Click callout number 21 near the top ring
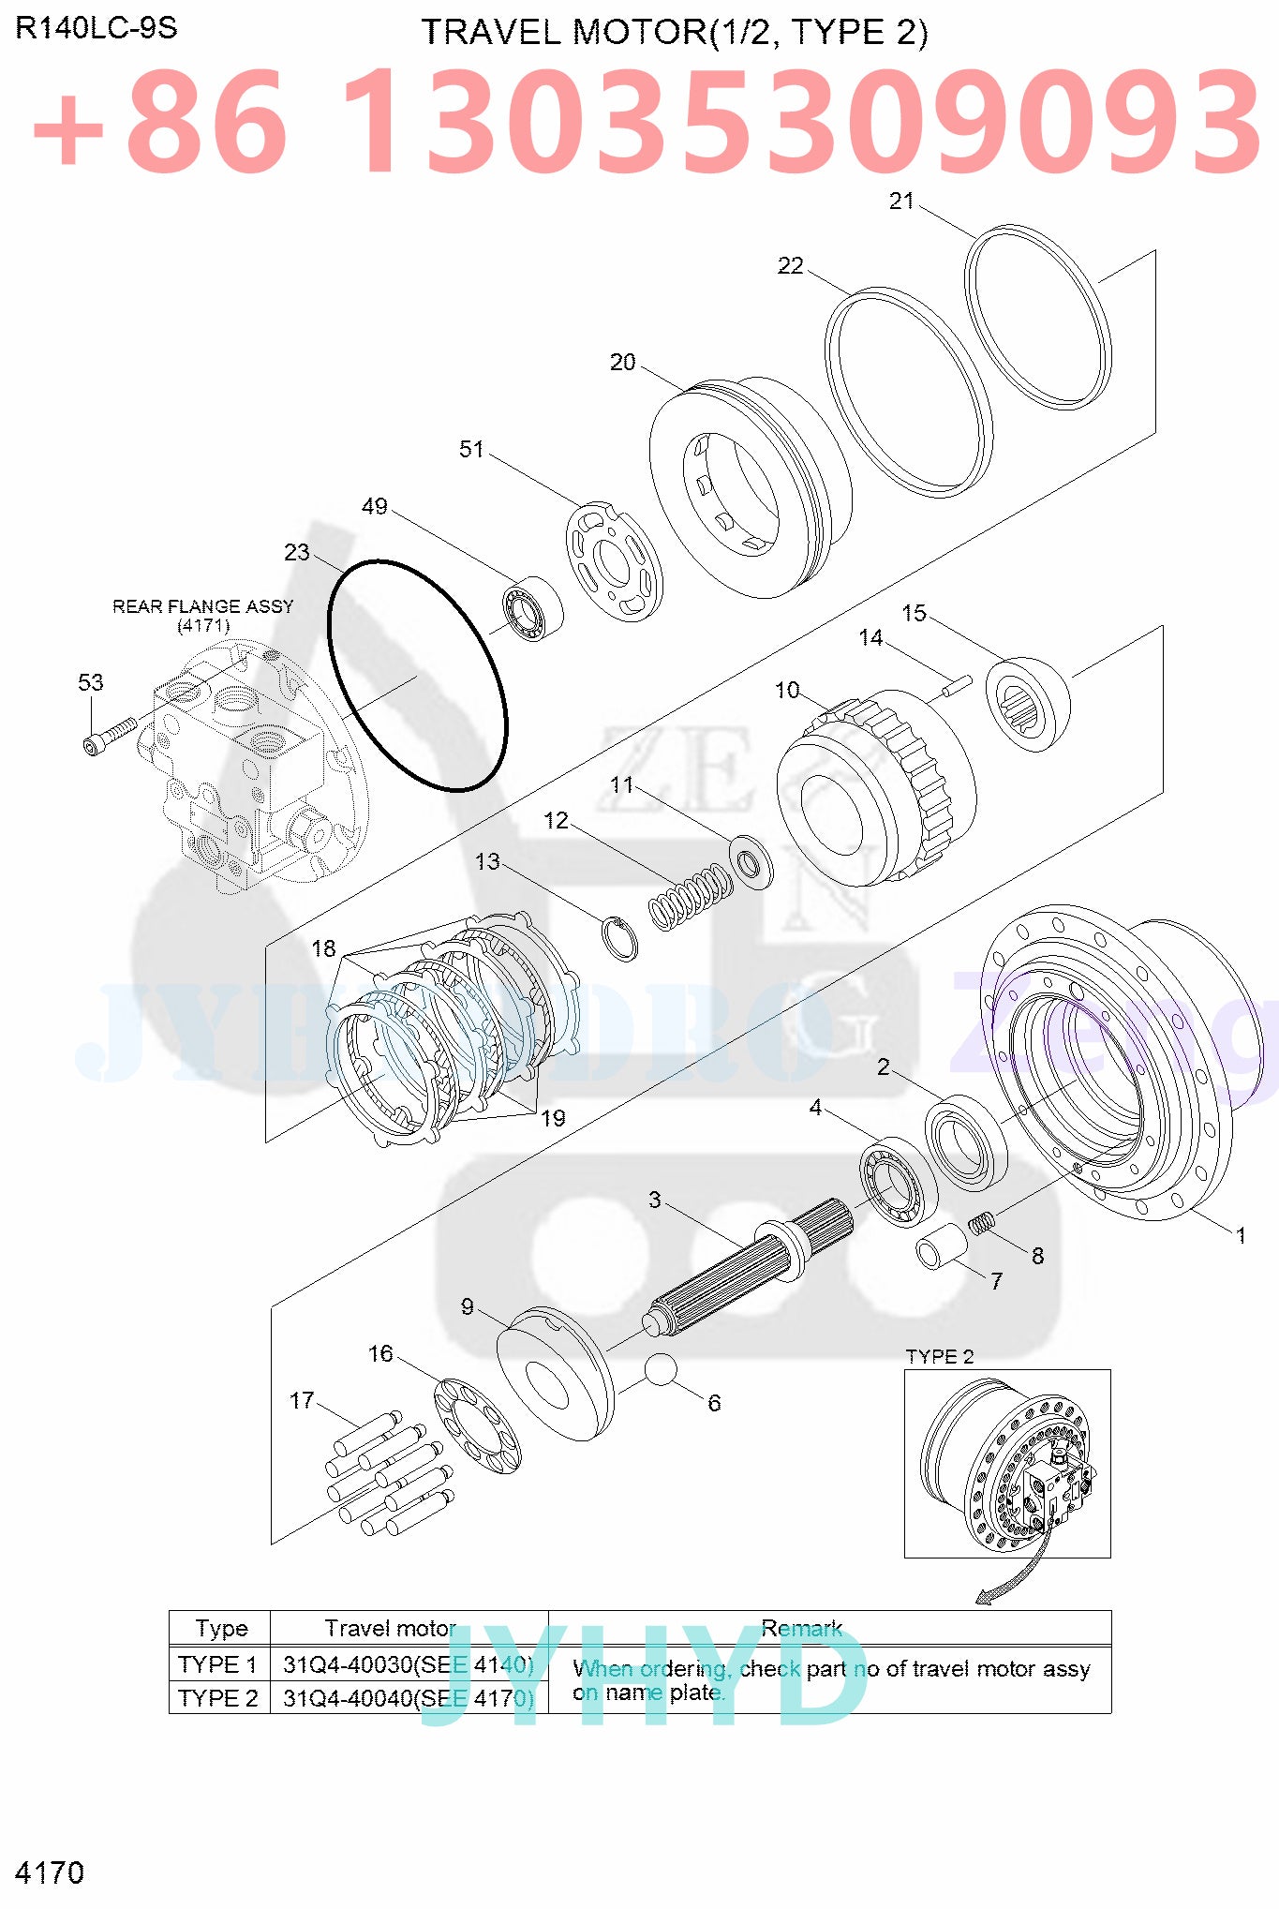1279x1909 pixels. coord(900,201)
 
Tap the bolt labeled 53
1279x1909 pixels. coord(109,735)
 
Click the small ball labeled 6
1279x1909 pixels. coord(661,1369)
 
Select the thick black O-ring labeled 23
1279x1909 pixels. coord(417,676)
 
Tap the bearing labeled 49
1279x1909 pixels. coord(530,609)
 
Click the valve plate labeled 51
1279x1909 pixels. coord(614,561)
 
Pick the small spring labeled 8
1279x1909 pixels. coord(981,1223)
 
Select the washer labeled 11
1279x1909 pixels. coord(751,860)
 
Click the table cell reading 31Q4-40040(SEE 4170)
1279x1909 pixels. coord(409,1698)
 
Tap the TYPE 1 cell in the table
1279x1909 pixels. coord(218,1664)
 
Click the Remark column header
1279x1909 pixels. coord(801,1628)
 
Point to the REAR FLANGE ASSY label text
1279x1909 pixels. coord(202,606)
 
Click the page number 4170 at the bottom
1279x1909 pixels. coord(50,1872)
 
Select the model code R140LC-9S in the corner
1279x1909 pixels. coord(97,28)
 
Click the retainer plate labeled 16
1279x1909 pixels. coord(477,1425)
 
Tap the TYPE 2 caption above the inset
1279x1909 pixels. coord(939,1356)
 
